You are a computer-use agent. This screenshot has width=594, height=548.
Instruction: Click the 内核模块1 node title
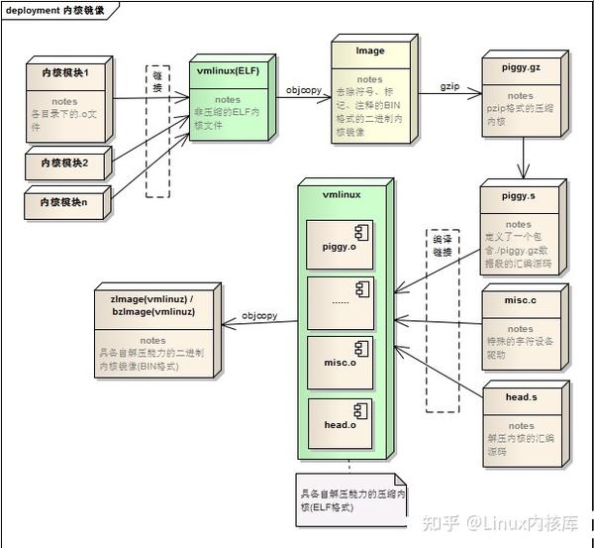point(64,73)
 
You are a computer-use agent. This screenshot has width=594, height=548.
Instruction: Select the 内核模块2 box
point(64,162)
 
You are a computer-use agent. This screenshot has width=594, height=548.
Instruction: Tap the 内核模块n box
point(64,201)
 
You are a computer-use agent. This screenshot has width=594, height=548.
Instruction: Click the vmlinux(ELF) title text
point(228,71)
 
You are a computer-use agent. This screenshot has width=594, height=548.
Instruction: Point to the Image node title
point(370,51)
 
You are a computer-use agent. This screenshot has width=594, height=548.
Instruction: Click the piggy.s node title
point(519,195)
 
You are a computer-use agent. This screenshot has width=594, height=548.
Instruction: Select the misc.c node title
point(519,300)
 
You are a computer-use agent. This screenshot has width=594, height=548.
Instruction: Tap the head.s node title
point(519,398)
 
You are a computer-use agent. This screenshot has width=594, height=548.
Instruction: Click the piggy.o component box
point(340,246)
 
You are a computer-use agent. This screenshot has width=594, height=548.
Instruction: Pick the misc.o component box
point(340,363)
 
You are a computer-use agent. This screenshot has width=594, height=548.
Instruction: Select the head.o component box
point(340,423)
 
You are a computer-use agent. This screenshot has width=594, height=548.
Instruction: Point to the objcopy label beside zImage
point(259,316)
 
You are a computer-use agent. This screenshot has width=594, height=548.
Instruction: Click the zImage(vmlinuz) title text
point(152,304)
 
